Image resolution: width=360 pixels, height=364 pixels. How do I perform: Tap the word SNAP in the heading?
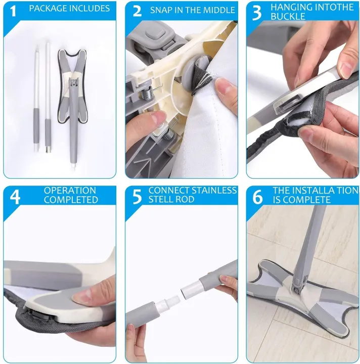161,10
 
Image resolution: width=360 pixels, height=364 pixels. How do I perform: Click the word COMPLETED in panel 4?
71,200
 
